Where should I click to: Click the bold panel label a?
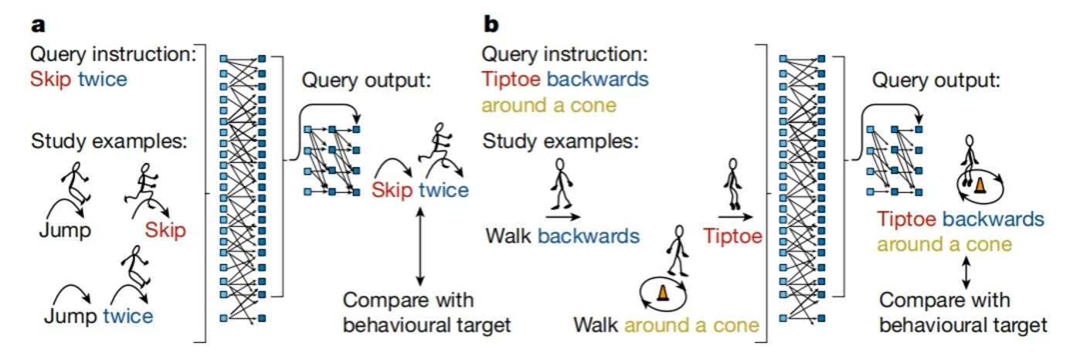pos(38,25)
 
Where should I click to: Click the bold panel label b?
pos(491,24)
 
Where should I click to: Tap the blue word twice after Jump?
pos(127,316)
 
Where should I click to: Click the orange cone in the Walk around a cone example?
pos(663,292)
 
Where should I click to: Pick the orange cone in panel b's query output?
pos(980,185)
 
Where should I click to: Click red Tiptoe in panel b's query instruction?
pos(511,79)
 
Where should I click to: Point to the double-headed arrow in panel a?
pos(420,246)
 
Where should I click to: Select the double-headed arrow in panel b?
pos(966,272)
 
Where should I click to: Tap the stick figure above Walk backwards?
pos(561,184)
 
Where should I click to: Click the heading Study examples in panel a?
pos(109,141)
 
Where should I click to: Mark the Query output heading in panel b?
pos(936,80)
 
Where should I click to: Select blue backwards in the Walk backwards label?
pos(589,236)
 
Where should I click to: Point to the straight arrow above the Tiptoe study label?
pos(735,217)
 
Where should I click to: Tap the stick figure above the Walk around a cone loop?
pos(678,250)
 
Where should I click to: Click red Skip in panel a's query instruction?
pos(51,80)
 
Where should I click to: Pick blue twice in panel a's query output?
pos(443,190)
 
